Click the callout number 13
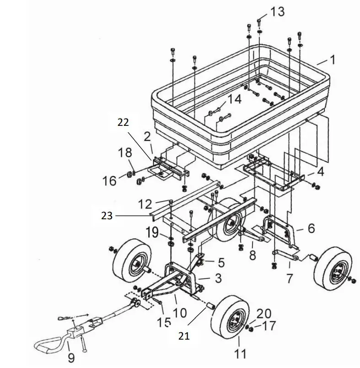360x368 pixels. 277,11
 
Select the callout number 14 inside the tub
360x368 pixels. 234,98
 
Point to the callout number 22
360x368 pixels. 124,123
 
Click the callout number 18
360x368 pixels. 124,153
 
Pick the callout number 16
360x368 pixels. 110,181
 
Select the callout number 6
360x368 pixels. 311,228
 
